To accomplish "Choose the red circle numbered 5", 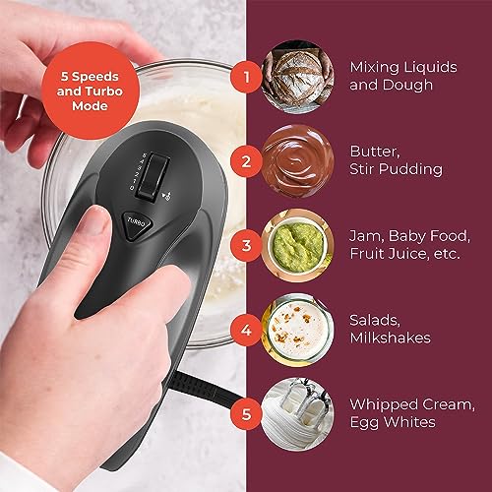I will (x=248, y=413).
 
